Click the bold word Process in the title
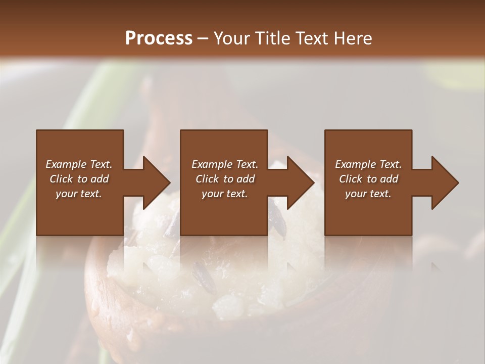pos(159,38)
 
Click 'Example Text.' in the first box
pos(79,164)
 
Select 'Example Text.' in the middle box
pos(224,164)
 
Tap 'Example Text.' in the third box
pos(368,164)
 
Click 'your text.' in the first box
pos(79,194)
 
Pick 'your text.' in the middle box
pos(224,194)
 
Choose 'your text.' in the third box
pos(368,194)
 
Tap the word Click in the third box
pos(351,179)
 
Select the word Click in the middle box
pos(207,179)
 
